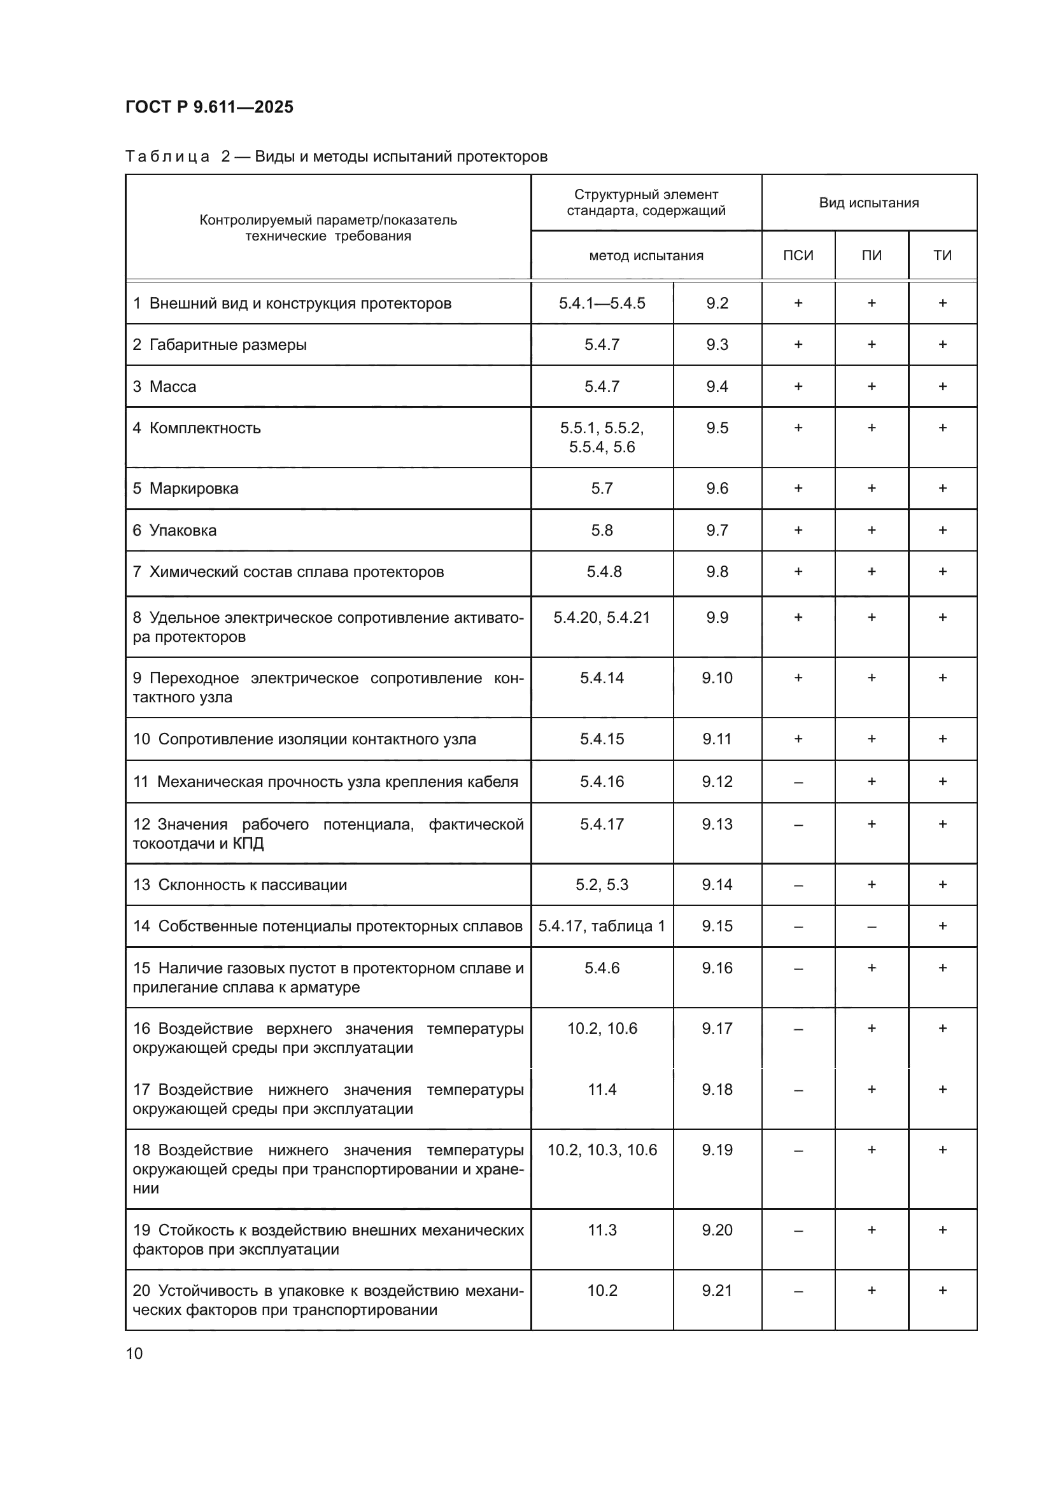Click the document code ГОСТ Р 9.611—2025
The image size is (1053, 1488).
coord(209,107)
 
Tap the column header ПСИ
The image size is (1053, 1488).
coord(798,255)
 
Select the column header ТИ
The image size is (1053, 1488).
coord(942,255)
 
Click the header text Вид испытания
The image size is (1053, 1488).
coord(868,203)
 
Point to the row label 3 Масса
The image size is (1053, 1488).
coord(164,386)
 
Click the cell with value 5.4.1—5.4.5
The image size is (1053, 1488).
coord(602,303)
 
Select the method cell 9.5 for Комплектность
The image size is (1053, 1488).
coord(717,428)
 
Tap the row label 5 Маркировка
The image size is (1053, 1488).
coord(185,488)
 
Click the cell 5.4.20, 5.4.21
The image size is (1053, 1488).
coord(602,617)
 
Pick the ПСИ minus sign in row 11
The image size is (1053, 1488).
coord(798,782)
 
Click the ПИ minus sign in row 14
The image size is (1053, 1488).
coord(872,926)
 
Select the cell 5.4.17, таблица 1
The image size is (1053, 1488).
coord(602,926)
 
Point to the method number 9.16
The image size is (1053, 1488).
coord(717,968)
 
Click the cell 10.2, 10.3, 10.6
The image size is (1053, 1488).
coord(602,1150)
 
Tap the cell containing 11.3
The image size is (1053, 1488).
coord(602,1230)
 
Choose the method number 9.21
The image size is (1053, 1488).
coord(717,1290)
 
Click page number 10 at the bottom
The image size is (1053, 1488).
coord(134,1353)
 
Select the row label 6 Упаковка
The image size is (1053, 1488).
coord(174,530)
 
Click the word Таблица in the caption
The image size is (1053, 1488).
coord(167,156)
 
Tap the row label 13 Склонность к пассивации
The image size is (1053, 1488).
coord(240,885)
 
